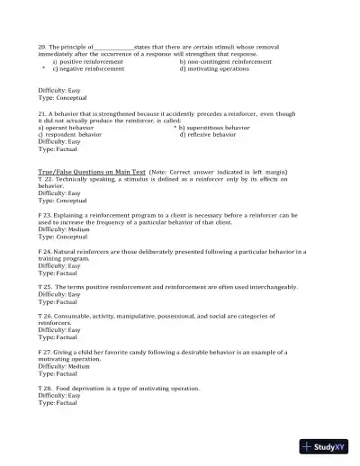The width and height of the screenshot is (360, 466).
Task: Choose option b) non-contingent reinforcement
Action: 225,60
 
